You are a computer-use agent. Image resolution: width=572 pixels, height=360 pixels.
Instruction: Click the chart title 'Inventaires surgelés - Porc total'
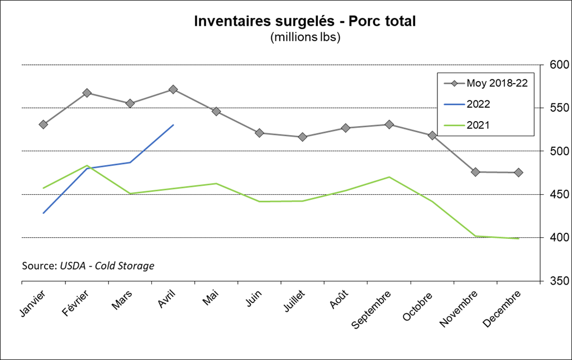(305, 21)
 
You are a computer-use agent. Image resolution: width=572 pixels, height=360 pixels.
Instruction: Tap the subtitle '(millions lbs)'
(305, 37)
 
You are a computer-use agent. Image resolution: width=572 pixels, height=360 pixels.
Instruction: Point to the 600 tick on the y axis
(559, 65)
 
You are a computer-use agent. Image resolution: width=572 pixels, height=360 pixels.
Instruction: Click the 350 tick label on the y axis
(559, 281)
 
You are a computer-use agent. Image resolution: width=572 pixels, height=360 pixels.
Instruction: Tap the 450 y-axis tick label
(559, 195)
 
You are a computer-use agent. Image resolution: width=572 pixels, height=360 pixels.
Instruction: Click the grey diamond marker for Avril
(173, 89)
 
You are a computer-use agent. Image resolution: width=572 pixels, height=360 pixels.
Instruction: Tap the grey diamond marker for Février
(87, 93)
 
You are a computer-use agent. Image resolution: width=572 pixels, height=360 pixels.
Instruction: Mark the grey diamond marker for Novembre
(475, 172)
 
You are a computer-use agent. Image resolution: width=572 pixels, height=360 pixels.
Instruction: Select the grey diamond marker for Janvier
(43, 124)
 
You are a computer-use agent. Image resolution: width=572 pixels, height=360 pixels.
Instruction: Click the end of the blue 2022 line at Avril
(173, 125)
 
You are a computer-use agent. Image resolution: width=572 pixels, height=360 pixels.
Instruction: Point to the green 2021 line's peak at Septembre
(389, 177)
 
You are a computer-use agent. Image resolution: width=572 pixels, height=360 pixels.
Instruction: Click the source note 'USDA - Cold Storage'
(88, 266)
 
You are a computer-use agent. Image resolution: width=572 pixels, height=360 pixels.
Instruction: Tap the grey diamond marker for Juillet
(303, 137)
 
